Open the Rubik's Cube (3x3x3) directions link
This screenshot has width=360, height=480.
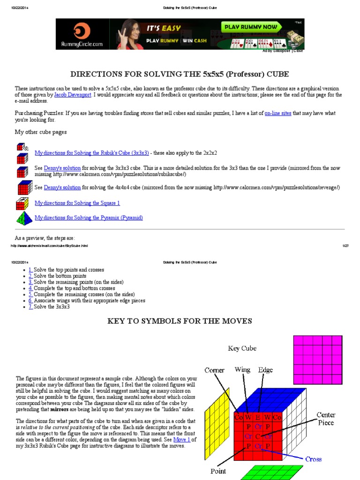point(92,153)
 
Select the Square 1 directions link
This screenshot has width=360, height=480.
point(77,203)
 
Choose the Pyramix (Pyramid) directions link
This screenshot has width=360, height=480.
point(89,218)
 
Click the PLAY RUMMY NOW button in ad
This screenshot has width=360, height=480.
point(250,27)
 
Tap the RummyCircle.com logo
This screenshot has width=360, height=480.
point(82,34)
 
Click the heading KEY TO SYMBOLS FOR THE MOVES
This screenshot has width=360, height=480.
point(180,321)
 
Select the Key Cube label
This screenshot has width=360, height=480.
point(242,348)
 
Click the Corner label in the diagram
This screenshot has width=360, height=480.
point(214,370)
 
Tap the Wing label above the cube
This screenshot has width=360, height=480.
point(242,370)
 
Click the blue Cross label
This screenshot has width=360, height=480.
point(314,459)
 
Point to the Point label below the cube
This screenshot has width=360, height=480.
point(218,471)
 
